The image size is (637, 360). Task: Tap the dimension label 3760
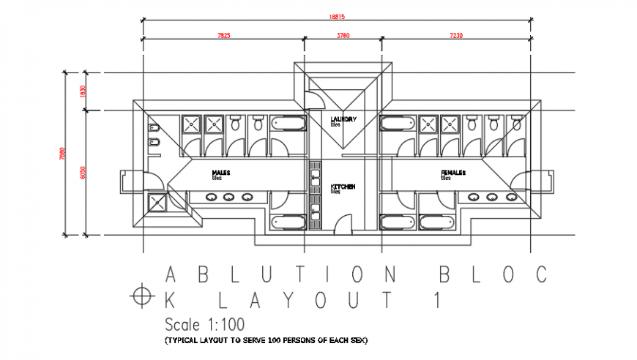(342, 36)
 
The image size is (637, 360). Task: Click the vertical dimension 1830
(83, 91)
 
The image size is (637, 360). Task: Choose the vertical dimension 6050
(83, 172)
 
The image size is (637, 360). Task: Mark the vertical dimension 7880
(62, 154)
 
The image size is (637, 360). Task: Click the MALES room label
(221, 173)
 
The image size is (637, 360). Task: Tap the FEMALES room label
(454, 173)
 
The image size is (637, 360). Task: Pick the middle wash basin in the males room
(229, 197)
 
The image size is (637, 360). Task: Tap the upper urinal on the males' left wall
(154, 127)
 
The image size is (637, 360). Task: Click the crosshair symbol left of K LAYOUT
(140, 297)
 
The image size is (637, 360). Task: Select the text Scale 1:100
(204, 324)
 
